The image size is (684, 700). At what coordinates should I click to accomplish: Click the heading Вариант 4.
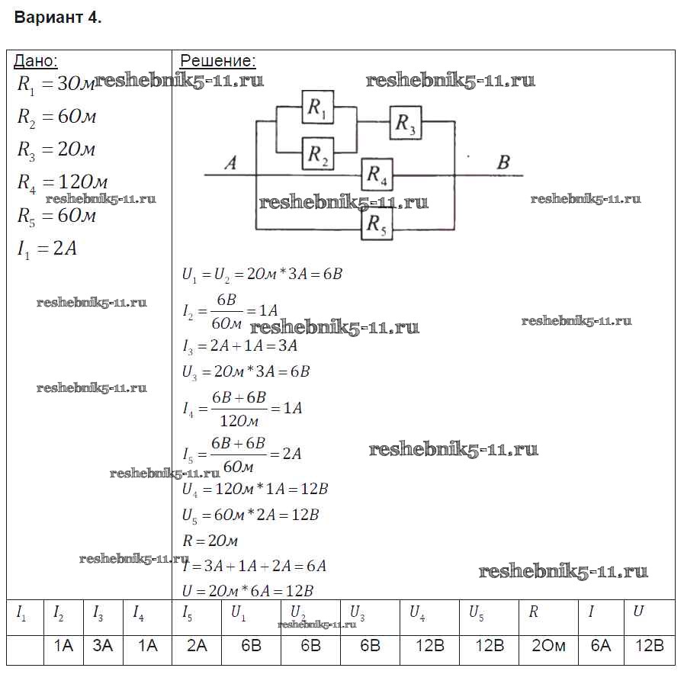tap(58, 18)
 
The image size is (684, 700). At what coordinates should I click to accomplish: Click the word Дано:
tap(36, 62)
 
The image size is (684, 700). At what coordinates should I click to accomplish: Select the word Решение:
tap(217, 62)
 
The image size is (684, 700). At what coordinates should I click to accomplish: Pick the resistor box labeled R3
tap(406, 124)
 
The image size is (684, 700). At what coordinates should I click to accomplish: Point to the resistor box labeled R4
tap(377, 175)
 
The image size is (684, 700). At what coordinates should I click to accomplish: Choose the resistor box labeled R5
tap(377, 224)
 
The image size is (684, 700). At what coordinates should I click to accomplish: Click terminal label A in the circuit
tap(230, 162)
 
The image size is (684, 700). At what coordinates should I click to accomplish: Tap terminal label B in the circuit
tap(503, 162)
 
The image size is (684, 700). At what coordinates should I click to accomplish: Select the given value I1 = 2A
tap(47, 249)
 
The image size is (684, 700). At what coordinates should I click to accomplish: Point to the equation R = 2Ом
tap(210, 541)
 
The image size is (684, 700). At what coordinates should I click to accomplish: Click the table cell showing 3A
tap(103, 646)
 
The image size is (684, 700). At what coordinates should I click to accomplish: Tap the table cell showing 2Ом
tap(548, 646)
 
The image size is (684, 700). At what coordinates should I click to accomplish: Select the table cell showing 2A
tap(197, 646)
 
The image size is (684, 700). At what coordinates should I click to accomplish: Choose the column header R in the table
tap(533, 612)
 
